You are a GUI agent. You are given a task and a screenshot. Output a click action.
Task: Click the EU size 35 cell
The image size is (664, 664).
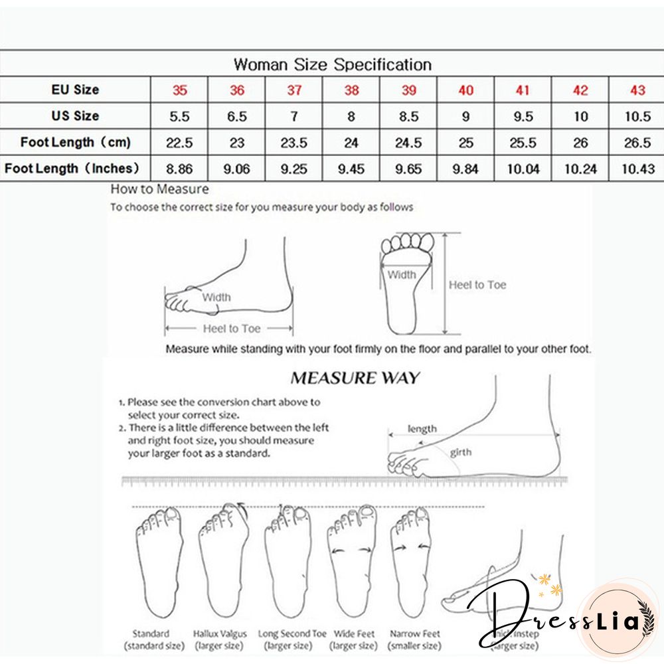180,90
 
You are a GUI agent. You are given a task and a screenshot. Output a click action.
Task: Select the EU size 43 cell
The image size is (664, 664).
637,90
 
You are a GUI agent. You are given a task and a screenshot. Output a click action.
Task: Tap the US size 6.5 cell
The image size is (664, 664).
237,116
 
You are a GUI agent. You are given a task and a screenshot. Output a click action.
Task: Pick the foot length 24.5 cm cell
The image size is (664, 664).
408,143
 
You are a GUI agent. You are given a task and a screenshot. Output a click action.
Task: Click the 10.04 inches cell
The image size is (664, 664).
523,169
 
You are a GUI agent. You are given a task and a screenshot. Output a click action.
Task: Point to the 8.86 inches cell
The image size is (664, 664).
180,169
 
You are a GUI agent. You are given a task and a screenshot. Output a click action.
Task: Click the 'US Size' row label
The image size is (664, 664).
75,116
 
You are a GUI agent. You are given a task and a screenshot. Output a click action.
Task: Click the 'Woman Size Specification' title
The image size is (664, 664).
333,64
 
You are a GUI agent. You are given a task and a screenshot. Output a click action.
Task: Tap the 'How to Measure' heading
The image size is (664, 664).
159,189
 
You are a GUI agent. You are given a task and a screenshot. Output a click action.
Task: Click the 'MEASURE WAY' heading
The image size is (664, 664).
355,378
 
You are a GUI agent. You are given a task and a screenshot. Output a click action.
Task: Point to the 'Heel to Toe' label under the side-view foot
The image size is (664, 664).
231,329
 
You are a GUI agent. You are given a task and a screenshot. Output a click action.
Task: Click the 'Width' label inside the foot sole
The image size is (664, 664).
402,275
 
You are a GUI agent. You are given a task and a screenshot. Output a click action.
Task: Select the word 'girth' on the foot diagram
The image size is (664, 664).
461,453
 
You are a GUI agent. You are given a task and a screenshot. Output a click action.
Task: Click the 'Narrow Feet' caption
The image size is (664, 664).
415,634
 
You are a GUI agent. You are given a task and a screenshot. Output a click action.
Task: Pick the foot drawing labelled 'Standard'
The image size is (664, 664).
158,564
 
